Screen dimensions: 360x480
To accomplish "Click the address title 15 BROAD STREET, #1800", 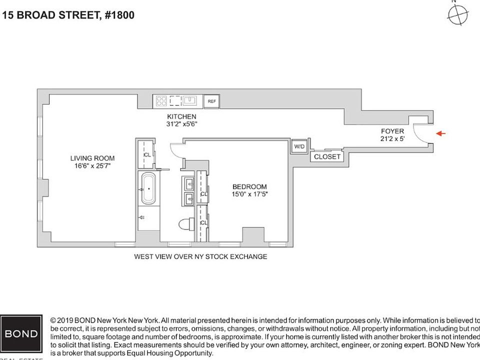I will pyautogui.click(x=68, y=15).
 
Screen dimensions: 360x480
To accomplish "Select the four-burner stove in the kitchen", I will pyautogui.click(x=161, y=101).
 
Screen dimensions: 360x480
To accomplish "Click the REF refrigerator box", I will pyautogui.click(x=211, y=101).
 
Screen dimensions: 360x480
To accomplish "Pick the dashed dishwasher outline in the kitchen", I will pyautogui.click(x=175, y=101).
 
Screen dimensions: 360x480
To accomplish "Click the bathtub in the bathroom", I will pyautogui.click(x=148, y=188).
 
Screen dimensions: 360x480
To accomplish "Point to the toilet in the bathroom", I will pyautogui.click(x=186, y=223).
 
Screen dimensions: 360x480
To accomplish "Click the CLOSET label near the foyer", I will pyautogui.click(x=327, y=156).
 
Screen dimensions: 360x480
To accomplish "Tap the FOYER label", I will pyautogui.click(x=392, y=131).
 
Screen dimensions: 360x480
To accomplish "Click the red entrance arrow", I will pyautogui.click(x=440, y=133).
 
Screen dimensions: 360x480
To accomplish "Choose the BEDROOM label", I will pyautogui.click(x=249, y=186).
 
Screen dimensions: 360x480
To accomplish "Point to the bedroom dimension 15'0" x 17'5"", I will pyautogui.click(x=249, y=194).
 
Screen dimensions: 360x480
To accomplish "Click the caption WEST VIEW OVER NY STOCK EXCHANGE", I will pyautogui.click(x=200, y=256).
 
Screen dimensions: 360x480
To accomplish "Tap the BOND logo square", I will pyautogui.click(x=21, y=333).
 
